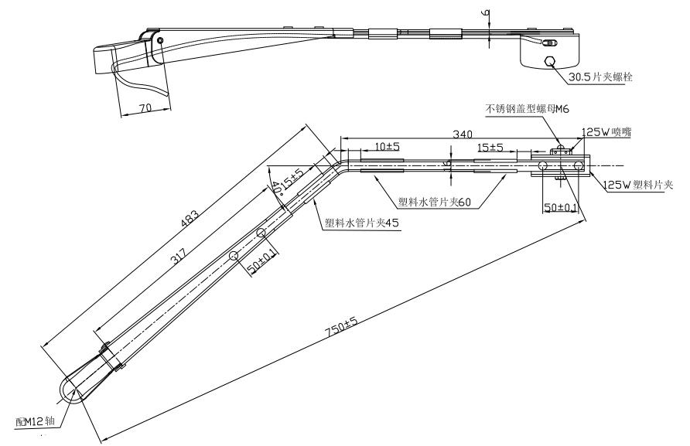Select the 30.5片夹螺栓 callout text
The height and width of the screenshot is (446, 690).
(602, 77)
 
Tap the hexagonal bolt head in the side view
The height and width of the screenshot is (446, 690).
(550, 63)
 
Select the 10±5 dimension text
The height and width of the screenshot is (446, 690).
(382, 145)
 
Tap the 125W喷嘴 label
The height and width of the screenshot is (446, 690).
(606, 132)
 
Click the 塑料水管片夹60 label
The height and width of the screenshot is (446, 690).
(434, 203)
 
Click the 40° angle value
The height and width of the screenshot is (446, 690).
(276, 186)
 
